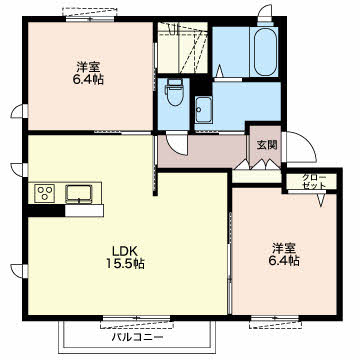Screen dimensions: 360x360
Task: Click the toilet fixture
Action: (173, 92)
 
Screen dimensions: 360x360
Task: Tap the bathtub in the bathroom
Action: (266, 52)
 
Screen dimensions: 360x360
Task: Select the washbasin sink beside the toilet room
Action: (203, 110)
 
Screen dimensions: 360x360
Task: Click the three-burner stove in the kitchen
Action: (45, 193)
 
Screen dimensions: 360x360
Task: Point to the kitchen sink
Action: (79, 193)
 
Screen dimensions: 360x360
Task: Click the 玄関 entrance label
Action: (267, 145)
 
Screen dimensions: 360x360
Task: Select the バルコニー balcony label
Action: (137, 337)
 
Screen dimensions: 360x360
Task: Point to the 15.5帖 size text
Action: (125, 264)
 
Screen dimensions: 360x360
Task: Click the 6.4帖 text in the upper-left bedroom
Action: (88, 80)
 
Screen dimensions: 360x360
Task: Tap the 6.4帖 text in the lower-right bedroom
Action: (284, 260)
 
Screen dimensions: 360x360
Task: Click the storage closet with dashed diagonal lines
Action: (182, 48)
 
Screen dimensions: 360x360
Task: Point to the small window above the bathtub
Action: (266, 16)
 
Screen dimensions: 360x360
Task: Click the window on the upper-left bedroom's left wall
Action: (20, 111)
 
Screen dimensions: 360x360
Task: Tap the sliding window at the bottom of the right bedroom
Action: (275, 320)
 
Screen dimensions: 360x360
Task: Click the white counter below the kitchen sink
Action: (84, 211)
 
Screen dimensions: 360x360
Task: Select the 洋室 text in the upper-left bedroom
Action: (88, 67)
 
